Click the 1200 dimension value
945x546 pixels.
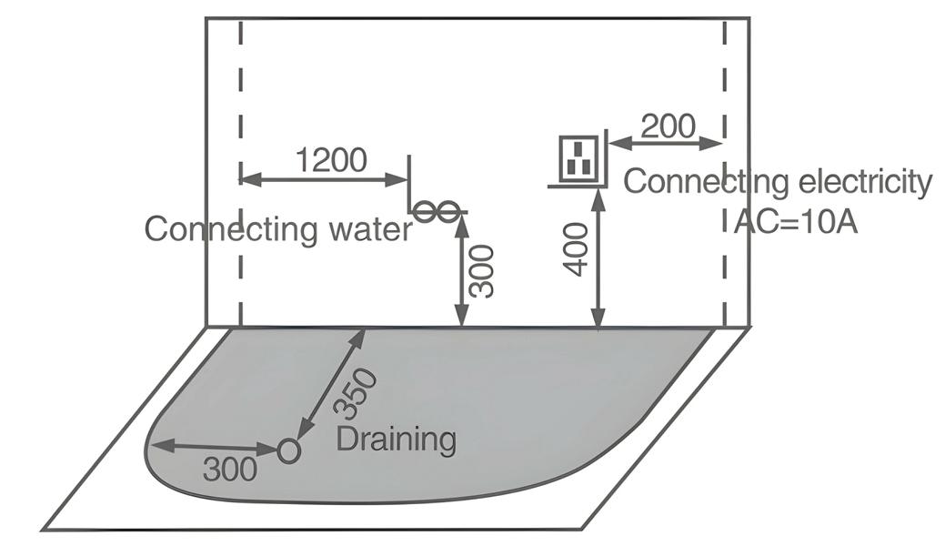coord(332,160)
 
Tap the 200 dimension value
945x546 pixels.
coord(668,126)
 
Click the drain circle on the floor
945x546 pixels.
coord(288,450)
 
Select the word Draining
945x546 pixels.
coord(396,440)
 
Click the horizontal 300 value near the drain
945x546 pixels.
coord(229,470)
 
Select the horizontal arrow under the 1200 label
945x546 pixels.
coord(323,179)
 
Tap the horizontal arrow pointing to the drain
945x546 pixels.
coord(214,447)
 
